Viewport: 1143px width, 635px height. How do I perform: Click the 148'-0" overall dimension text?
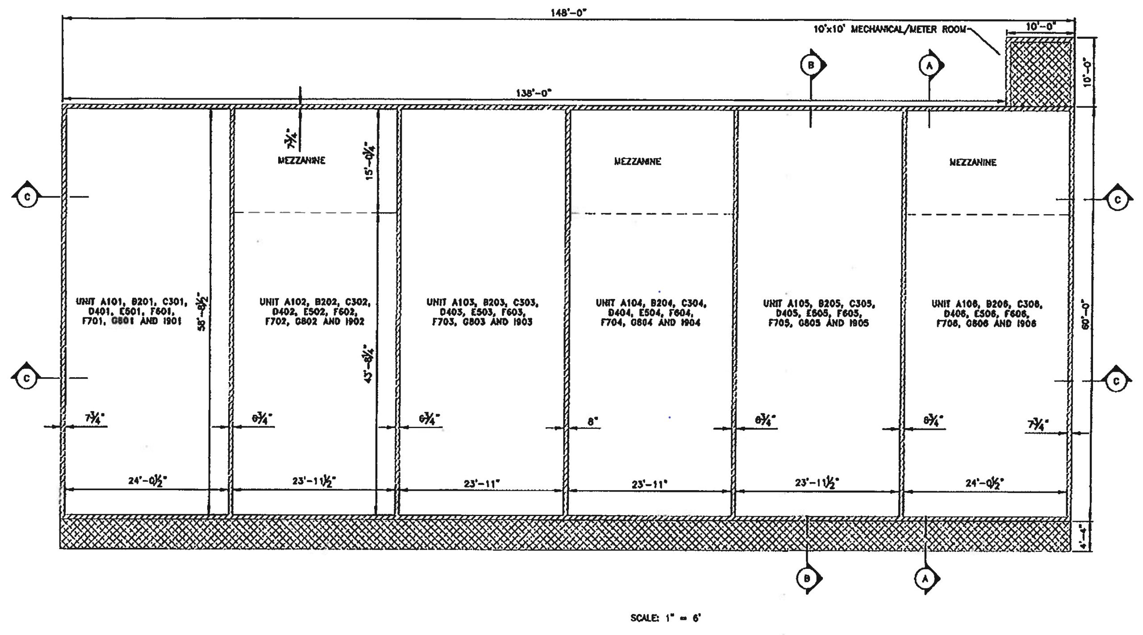pos(568,12)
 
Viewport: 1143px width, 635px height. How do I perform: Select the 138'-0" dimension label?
pos(534,93)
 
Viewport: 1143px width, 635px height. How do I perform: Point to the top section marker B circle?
pos(811,65)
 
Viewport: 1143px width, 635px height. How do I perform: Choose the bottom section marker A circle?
pos(925,579)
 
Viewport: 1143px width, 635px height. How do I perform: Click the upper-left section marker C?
pos(27,197)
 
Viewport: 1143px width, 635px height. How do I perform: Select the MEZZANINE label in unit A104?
pos(638,161)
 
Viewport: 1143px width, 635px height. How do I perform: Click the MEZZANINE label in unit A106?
pos(973,162)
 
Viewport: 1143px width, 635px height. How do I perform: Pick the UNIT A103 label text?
pos(482,312)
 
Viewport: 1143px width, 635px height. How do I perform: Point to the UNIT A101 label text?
pos(132,311)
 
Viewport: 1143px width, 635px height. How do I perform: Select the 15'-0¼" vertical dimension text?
pos(370,163)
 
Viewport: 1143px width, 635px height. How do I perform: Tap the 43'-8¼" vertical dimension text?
pos(368,364)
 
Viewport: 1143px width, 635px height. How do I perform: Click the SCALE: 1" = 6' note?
pos(665,618)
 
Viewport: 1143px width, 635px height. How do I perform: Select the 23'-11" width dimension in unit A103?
pos(481,483)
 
